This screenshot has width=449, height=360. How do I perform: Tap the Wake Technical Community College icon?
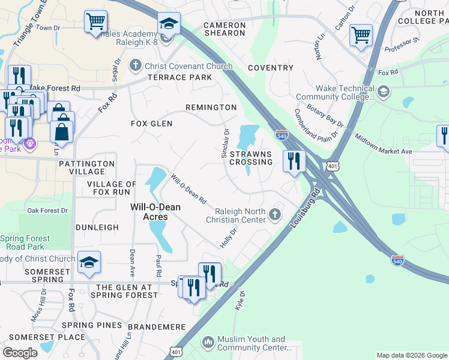(383, 92)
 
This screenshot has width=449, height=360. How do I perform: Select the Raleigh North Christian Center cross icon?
(275, 215)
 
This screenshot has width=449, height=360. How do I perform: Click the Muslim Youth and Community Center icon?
(208, 343)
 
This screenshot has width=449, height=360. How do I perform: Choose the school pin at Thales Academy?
(169, 25)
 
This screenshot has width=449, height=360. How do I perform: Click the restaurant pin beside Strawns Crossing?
(294, 161)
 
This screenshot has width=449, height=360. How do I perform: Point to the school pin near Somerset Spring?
(89, 262)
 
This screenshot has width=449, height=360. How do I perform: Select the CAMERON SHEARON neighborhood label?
(224, 29)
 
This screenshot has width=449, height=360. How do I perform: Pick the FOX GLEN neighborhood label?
(152, 124)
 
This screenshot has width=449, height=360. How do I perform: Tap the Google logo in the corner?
(20, 353)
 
